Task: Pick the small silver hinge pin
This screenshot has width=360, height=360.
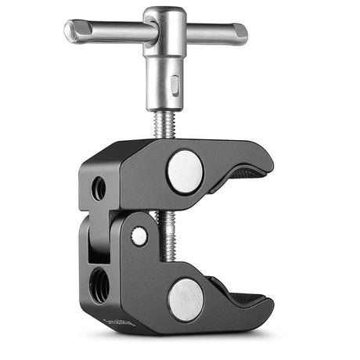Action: click(139, 236)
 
